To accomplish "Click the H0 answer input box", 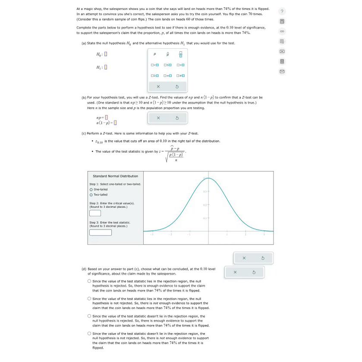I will [106, 54].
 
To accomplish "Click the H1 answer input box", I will [106, 67].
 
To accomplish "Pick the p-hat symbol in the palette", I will [168, 54].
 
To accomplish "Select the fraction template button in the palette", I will [181, 54].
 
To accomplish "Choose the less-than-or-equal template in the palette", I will [168, 65].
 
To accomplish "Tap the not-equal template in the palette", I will [181, 76].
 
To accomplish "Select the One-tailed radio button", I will [91, 189].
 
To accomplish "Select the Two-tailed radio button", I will [91, 195].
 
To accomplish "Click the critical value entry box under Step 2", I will [95, 213].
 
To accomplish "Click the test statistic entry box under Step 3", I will [101, 232].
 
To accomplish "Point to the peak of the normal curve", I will [208, 178].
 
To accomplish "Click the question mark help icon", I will [281, 11].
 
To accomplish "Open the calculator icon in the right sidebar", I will [281, 21].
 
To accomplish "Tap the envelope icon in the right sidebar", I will [281, 71].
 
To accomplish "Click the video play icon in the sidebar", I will [281, 51].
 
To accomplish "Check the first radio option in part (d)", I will [89, 281].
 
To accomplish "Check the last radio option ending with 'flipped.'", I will [89, 333].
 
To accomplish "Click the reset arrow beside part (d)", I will [254, 272].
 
